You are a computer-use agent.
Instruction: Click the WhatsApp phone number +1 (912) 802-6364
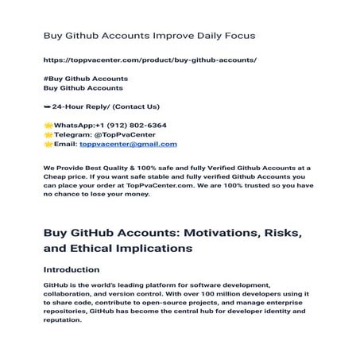coord(131,126)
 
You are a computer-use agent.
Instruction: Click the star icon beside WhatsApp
coord(48,126)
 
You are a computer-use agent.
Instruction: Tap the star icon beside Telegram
coord(48,135)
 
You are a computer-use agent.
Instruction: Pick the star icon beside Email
coord(48,145)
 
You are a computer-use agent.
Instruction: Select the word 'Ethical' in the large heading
coord(101,248)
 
